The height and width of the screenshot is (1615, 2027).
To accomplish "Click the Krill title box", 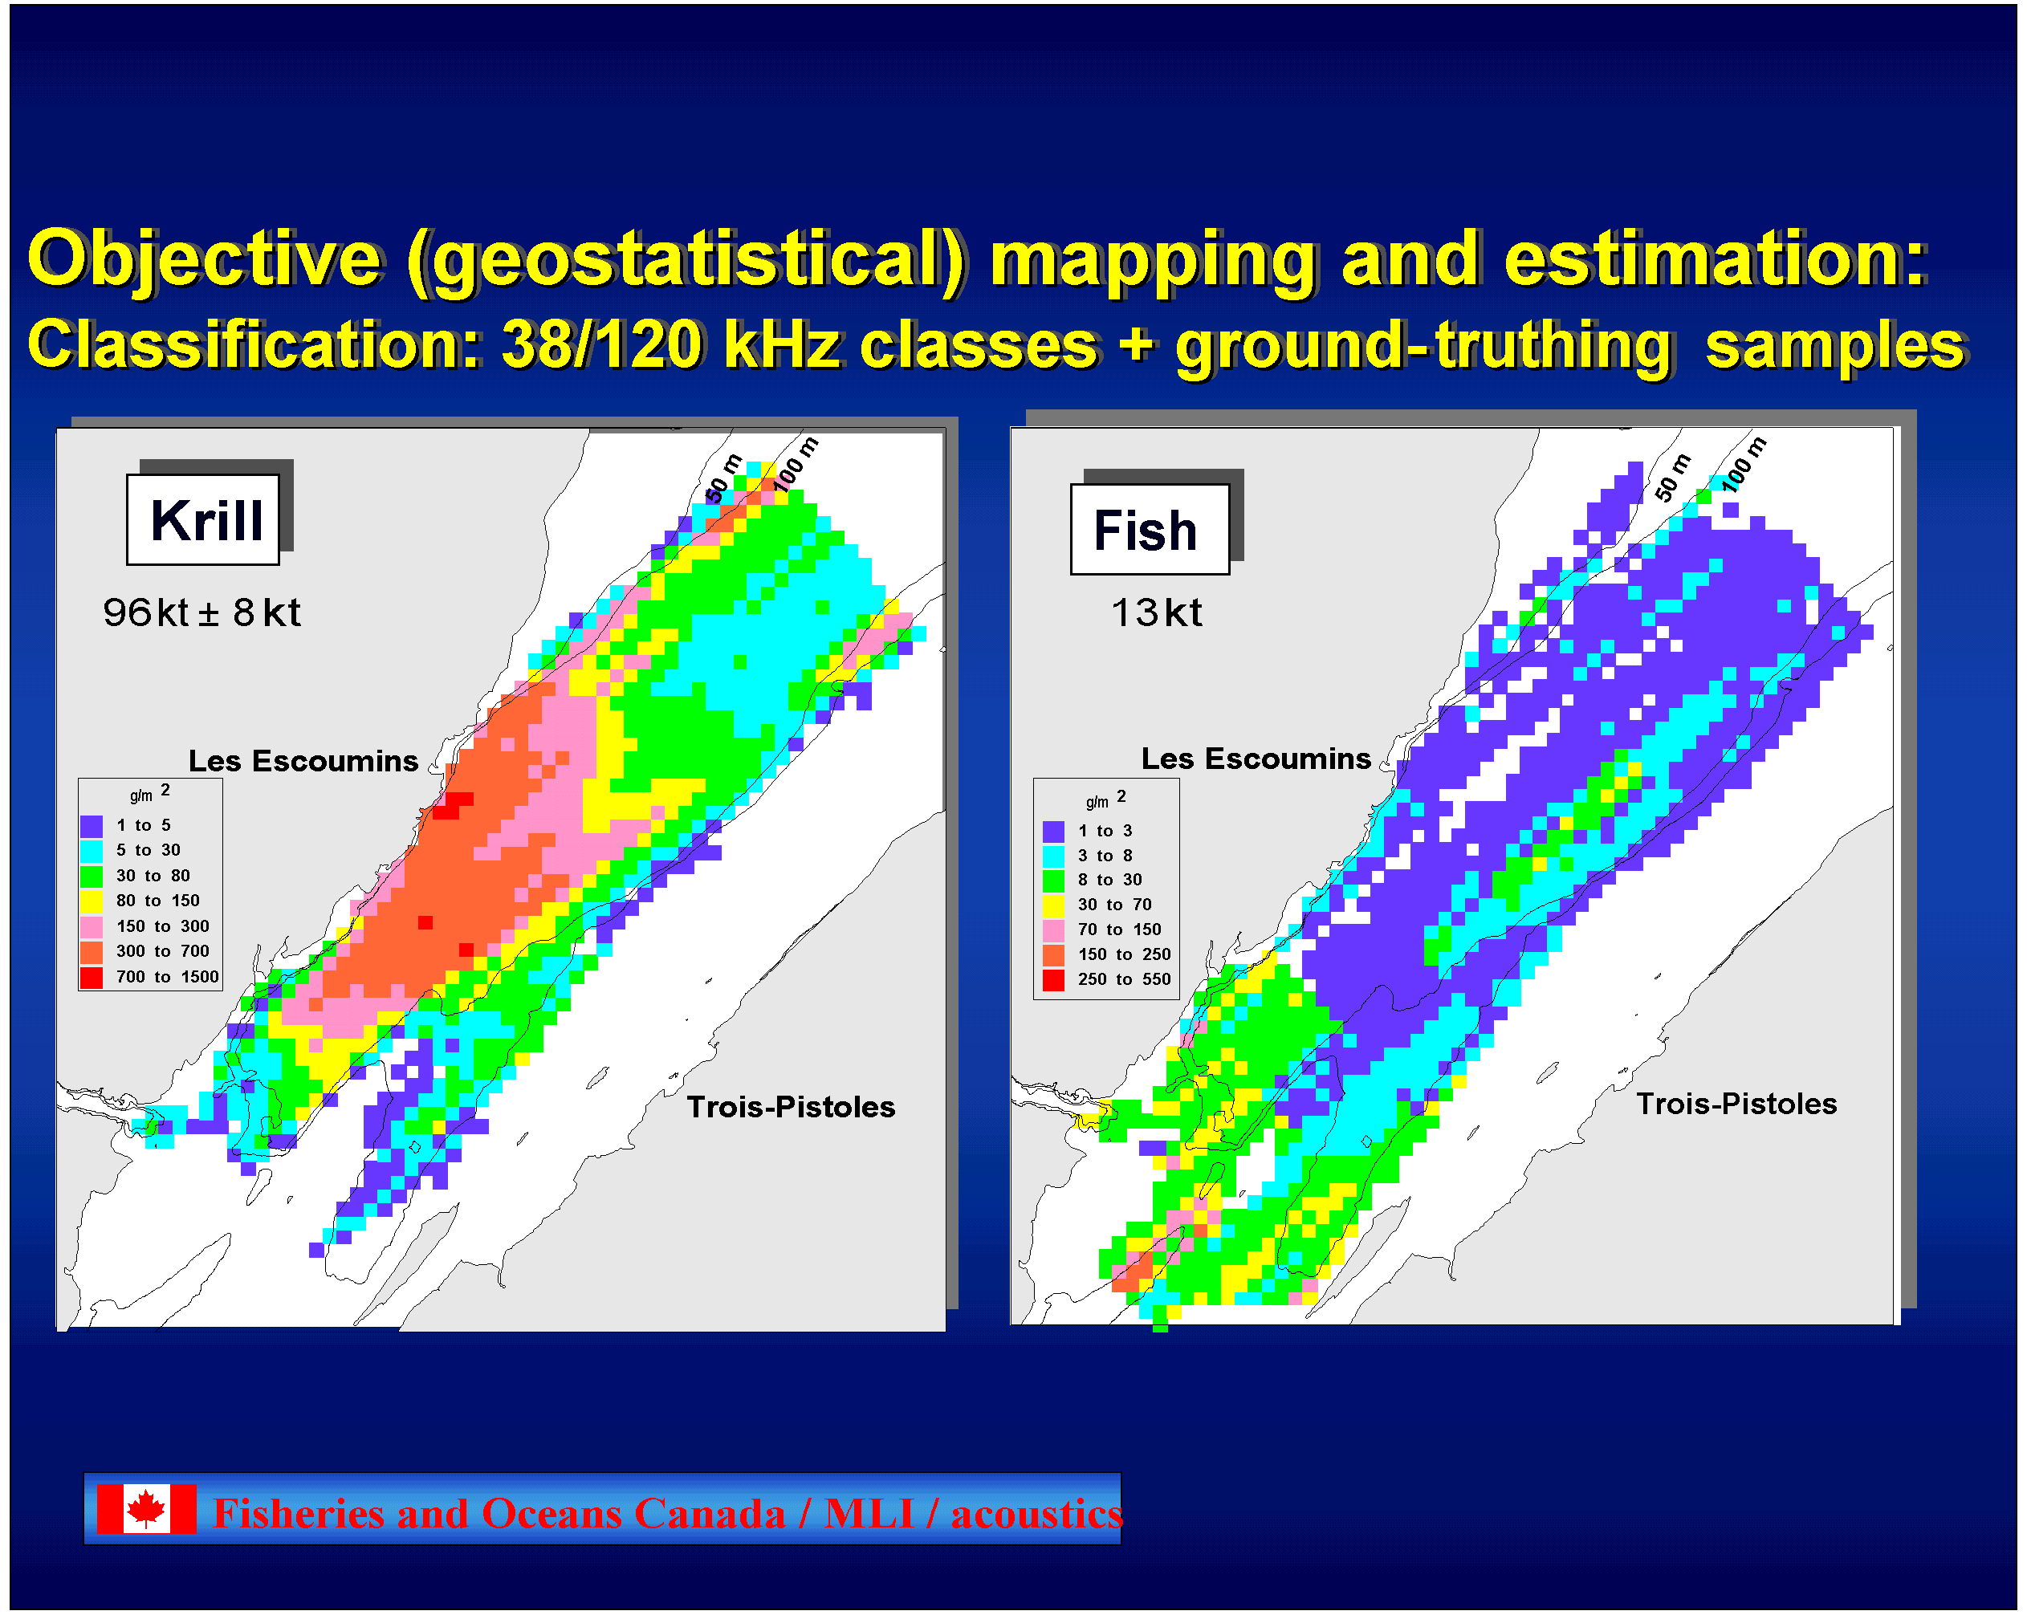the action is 203,519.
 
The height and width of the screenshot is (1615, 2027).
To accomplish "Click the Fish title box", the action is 1150,529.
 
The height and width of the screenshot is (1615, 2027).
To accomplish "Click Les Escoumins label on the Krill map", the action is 303,760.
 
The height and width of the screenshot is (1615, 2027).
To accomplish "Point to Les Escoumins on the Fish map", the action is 1256,759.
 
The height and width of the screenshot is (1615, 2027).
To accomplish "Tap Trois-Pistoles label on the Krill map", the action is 791,1106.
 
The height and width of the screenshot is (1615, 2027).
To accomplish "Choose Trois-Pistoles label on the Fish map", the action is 1736,1104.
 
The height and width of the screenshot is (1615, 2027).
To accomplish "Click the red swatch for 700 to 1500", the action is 92,978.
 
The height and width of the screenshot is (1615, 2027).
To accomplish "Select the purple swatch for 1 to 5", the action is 92,826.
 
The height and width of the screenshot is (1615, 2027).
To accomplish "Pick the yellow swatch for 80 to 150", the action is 92,901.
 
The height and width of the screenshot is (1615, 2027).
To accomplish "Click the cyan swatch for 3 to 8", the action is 1054,856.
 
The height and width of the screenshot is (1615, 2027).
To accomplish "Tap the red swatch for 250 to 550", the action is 1054,980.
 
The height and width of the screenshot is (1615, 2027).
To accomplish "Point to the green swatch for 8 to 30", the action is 1054,881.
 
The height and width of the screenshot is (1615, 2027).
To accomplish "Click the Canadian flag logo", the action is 147,1509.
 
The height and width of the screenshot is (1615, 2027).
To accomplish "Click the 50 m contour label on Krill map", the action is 724,479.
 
